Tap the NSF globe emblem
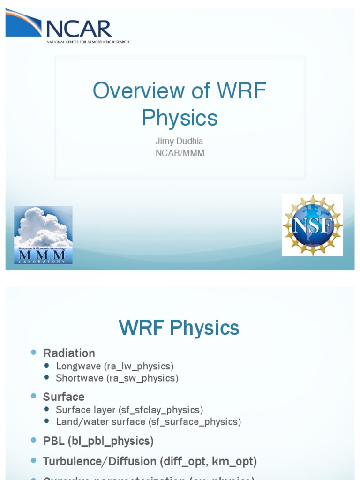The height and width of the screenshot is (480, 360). [x=312, y=225]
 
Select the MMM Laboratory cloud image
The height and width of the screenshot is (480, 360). [x=43, y=235]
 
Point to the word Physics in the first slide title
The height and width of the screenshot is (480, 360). [x=180, y=118]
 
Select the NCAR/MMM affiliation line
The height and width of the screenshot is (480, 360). [x=180, y=153]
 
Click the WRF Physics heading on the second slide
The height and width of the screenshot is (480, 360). [x=179, y=328]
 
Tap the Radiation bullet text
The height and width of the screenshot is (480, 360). [x=69, y=353]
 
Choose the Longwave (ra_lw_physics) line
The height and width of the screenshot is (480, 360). [x=115, y=366]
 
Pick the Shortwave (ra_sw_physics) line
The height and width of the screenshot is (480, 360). [x=117, y=378]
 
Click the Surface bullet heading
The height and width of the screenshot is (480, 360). [x=64, y=397]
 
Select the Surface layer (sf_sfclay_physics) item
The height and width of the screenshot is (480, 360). [x=129, y=410]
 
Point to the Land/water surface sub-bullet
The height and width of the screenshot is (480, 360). [x=148, y=421]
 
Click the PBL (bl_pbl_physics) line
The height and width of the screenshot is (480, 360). [x=98, y=441]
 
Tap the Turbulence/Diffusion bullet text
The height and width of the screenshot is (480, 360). [x=150, y=461]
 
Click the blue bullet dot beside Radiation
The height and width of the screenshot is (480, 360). [x=33, y=352]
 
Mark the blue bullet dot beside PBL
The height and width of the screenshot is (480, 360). [x=33, y=440]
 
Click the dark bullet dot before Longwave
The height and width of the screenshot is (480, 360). [x=46, y=366]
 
